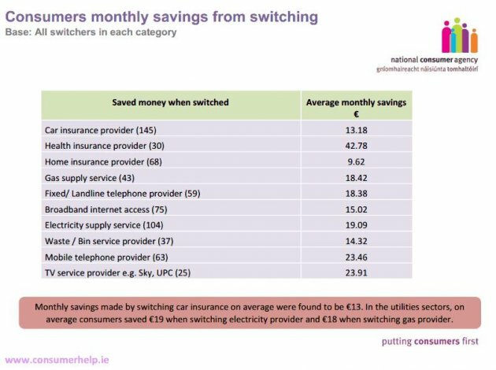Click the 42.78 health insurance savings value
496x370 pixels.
point(357,146)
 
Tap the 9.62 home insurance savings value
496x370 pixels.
point(357,162)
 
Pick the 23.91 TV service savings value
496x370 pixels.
point(357,272)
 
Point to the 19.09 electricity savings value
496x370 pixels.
point(357,224)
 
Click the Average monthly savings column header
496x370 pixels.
point(357,106)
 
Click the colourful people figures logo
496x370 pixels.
point(460,36)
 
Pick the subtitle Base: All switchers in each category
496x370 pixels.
point(91,32)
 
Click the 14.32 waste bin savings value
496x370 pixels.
point(357,241)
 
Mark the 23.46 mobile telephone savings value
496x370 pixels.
point(357,257)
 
